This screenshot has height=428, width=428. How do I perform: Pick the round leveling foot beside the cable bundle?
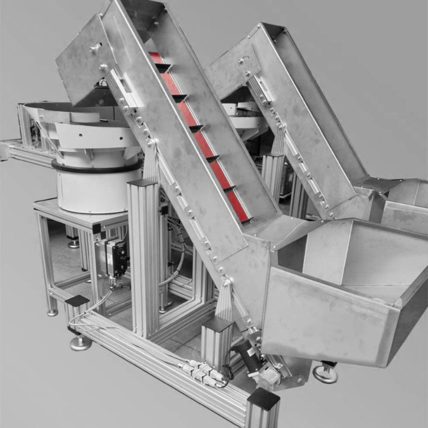click(80, 342)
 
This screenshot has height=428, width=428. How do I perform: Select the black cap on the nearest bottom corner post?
click(263, 399)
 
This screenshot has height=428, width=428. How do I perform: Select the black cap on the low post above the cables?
click(77, 301)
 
